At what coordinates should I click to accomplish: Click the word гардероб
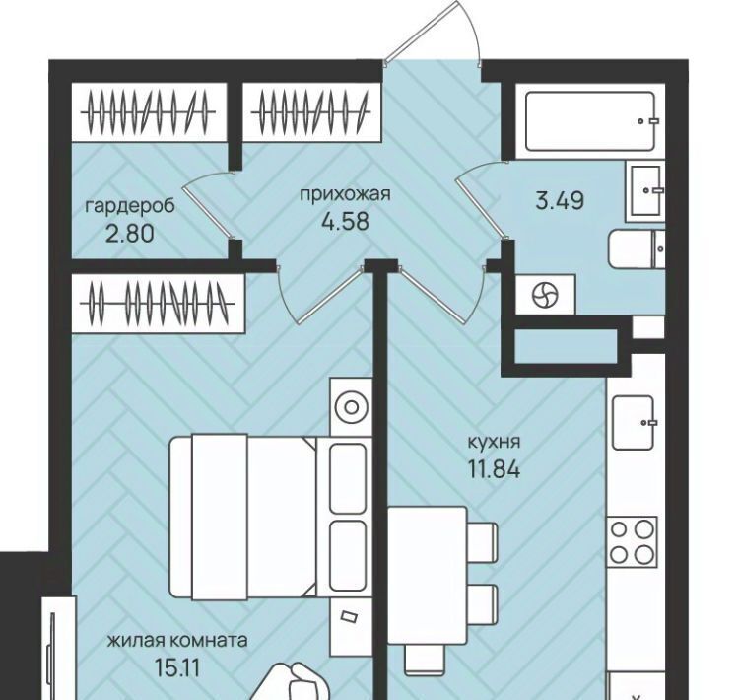130,207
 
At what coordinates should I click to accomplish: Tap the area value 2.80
130,234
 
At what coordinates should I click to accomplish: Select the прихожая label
346,194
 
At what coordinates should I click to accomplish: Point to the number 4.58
345,221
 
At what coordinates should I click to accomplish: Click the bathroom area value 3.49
560,200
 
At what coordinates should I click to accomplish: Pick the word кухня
494,443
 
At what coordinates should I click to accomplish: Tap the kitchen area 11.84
494,469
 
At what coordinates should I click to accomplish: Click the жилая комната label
177,641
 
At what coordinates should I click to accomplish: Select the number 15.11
177,667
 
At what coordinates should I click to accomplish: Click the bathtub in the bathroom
590,121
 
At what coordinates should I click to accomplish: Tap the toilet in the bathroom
637,248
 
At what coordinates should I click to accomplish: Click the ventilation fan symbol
545,296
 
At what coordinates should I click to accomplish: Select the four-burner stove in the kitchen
632,540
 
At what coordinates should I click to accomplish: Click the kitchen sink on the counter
633,423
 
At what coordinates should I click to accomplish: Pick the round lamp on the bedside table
351,407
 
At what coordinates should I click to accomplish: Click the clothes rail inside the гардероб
148,112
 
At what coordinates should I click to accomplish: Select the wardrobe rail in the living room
157,303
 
